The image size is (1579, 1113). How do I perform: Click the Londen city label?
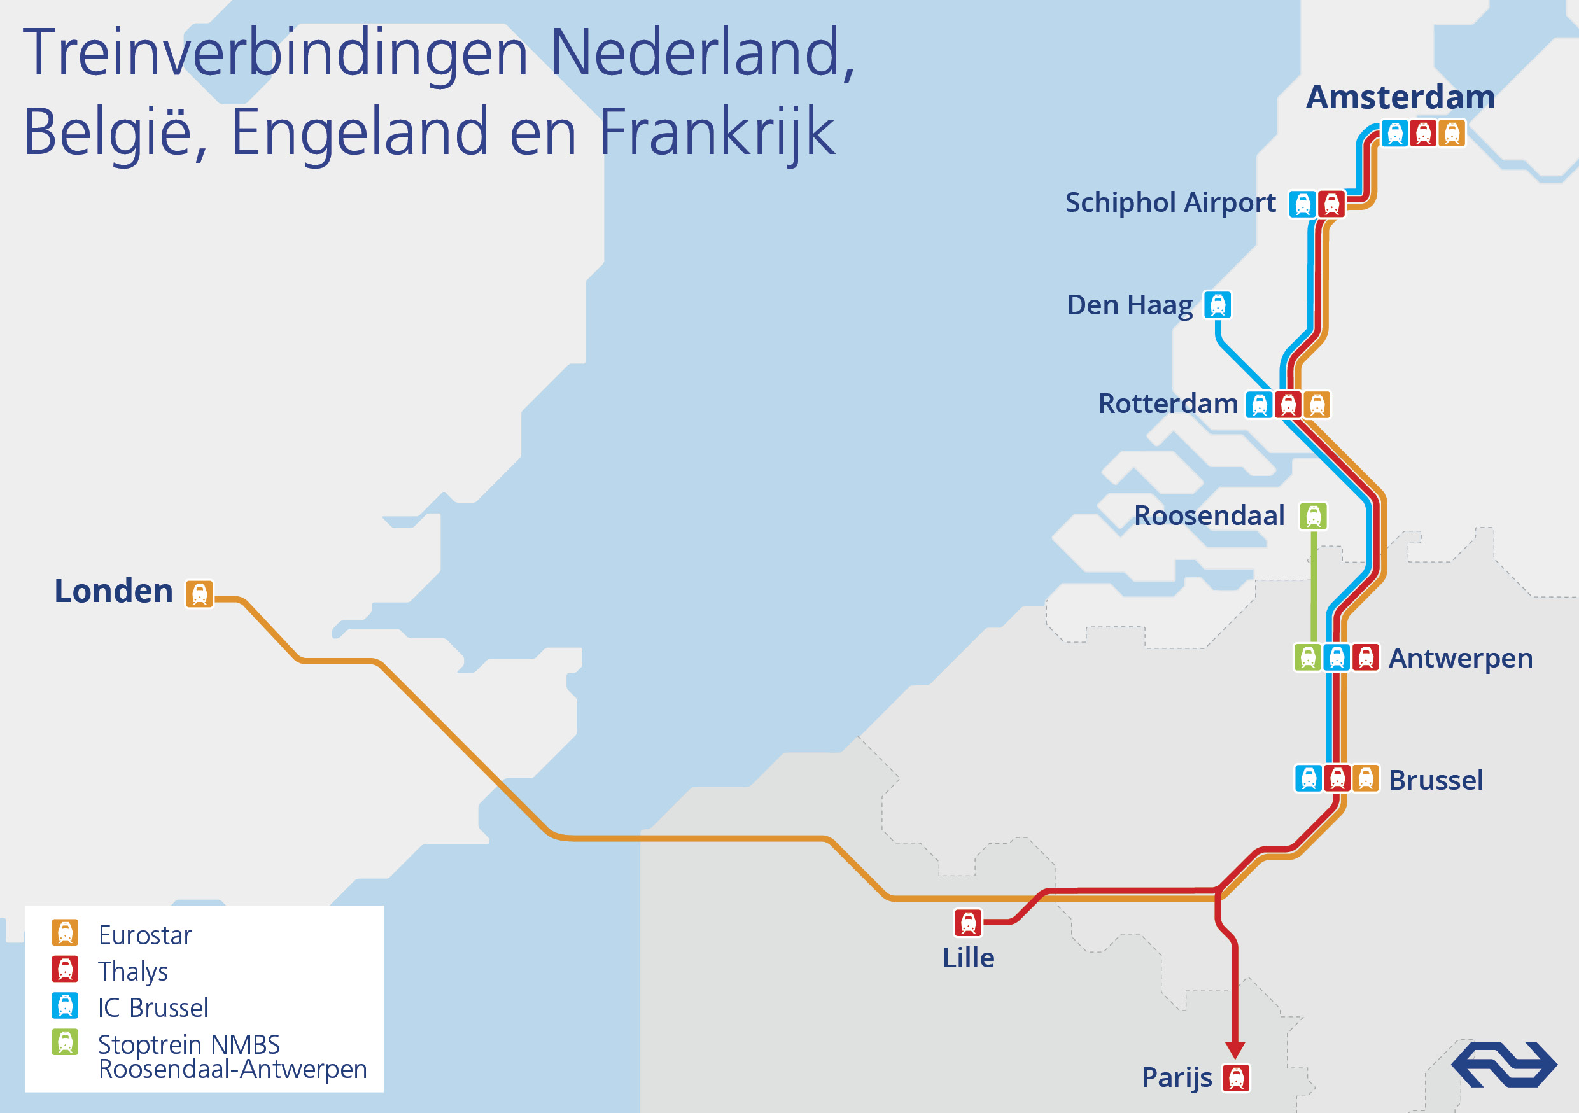point(113,591)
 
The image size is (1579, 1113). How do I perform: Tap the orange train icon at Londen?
point(199,593)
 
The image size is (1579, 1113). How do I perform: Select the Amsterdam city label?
point(1400,97)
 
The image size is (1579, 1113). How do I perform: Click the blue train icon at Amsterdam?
point(1394,134)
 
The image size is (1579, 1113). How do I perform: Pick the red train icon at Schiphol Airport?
point(1331,204)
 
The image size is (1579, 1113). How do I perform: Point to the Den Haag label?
point(1129,305)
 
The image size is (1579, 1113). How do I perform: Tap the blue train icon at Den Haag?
point(1218,305)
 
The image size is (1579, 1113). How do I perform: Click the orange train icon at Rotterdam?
point(1317,405)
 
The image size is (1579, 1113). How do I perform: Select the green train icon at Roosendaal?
point(1313,516)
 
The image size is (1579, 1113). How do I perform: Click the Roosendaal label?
point(1209,515)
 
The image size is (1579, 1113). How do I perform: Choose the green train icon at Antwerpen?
point(1308,658)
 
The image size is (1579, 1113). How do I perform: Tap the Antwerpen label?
point(1460,659)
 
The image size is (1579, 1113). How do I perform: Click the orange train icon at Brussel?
point(1366,779)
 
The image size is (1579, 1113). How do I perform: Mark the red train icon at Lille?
point(967,923)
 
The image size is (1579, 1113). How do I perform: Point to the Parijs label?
point(1176,1077)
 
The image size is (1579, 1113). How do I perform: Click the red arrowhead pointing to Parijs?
point(1235,1050)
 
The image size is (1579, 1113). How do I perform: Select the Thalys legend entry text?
point(133,971)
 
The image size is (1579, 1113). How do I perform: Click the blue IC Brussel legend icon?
point(66,1005)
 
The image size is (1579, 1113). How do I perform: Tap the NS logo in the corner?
point(1503,1064)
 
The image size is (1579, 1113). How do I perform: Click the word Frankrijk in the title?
point(717,132)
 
